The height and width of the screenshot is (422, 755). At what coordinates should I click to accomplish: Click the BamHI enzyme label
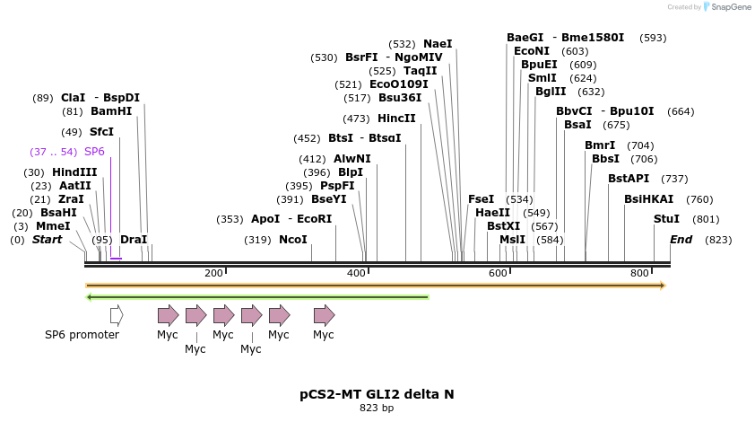(111, 111)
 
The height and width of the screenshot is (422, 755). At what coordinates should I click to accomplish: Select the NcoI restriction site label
(293, 240)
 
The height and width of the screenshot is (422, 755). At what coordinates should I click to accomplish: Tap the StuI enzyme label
(666, 218)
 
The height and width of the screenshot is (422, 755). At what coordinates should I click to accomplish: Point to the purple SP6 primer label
(94, 152)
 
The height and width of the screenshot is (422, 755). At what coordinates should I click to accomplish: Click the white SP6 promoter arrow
(117, 315)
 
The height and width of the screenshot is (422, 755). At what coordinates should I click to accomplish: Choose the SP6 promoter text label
(82, 335)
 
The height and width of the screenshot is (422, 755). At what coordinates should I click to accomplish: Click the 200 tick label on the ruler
(213, 273)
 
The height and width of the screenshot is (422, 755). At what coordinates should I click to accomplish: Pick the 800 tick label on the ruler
(639, 273)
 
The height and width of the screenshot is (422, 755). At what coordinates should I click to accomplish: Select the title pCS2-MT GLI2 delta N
(377, 394)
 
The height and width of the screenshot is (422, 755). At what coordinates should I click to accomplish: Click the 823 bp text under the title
(377, 409)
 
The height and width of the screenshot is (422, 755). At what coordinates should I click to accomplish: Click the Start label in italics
(48, 240)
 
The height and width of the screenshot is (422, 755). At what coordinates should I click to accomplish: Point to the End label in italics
(681, 240)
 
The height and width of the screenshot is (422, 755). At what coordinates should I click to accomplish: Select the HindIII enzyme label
(74, 172)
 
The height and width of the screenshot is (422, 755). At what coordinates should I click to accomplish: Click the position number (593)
(653, 38)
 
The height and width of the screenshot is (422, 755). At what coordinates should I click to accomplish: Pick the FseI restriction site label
(482, 199)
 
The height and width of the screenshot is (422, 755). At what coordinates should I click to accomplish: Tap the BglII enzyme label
(551, 92)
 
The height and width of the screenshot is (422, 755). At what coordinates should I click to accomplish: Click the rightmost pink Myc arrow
(324, 315)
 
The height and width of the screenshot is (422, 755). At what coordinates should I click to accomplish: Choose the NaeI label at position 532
(438, 44)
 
